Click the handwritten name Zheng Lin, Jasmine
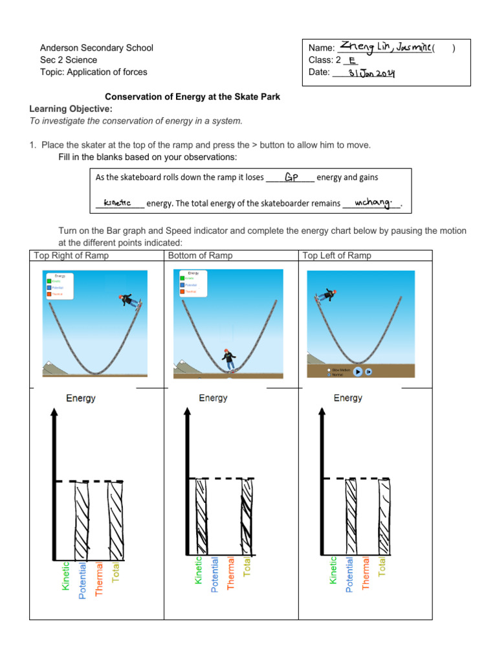386,47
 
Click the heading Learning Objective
71,108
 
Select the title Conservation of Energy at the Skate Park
192,96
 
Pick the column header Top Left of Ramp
337,256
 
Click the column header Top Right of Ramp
71,256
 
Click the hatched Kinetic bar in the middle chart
201,518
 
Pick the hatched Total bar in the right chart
385,518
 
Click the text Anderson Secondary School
96,48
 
